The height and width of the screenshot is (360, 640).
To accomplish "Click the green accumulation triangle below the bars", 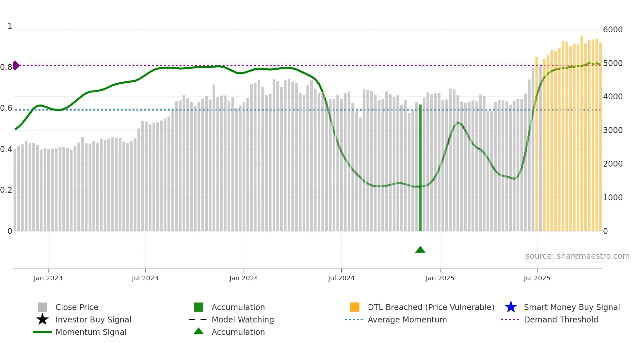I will (420, 250).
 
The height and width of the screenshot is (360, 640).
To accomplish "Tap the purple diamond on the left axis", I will (16, 65).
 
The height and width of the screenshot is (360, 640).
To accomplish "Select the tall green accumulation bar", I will (420, 168).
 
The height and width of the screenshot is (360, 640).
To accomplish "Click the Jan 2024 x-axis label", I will (244, 278).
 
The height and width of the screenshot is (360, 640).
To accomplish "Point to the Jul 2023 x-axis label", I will (145, 278).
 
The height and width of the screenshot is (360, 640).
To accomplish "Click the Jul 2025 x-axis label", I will (537, 278).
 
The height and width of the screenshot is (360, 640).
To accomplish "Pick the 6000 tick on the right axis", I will (613, 30).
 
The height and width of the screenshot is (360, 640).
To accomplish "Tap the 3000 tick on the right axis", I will (613, 130).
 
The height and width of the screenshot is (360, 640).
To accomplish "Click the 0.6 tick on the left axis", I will (6, 108).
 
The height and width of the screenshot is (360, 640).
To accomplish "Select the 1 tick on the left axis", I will (10, 26).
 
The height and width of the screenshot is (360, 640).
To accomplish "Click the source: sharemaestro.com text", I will (577, 256).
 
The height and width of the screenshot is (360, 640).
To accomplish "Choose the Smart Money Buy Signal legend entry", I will (572, 307).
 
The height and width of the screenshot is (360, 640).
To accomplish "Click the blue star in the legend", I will (511, 307).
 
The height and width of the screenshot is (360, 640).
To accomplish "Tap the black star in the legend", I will (42, 319).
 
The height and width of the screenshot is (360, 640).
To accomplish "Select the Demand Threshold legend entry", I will (561, 320).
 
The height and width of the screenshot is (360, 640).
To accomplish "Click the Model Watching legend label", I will (243, 320).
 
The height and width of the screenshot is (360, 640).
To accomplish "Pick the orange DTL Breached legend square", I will (355, 307).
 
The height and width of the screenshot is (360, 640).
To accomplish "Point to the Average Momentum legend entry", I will (407, 320).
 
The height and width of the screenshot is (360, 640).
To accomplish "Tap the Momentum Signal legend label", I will (91, 332).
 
